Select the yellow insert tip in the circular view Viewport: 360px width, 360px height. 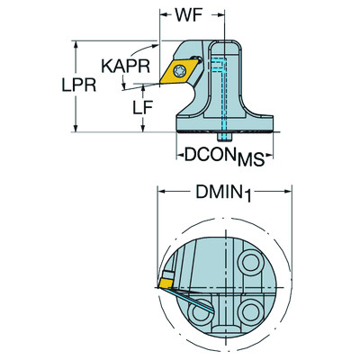click(x=168, y=283)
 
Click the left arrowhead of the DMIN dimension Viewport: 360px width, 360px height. click(x=163, y=191)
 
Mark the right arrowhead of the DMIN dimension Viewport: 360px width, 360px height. click(x=287, y=191)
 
